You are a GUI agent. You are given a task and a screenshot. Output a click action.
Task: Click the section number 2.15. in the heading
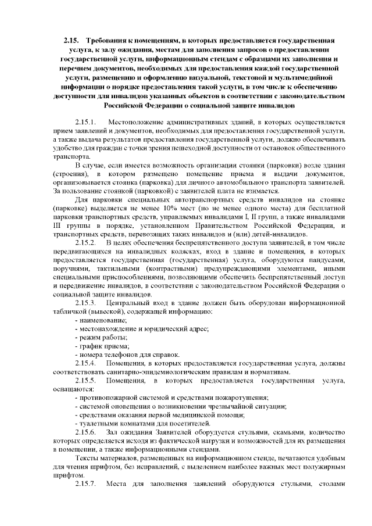click(x=72, y=41)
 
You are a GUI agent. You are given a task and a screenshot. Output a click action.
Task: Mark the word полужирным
click(x=324, y=466)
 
